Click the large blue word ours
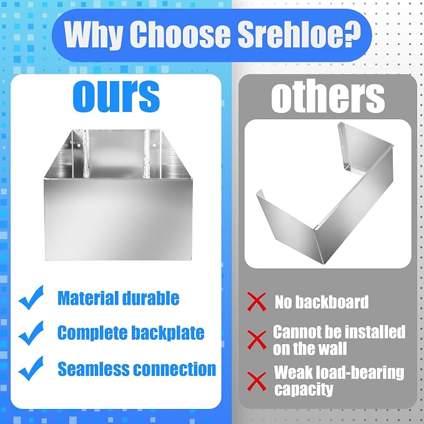click(x=117, y=96)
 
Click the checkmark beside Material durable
click(x=31, y=297)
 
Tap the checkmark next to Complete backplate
click(x=31, y=333)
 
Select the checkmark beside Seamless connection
click(x=31, y=368)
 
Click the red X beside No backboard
click(x=257, y=302)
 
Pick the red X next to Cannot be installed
click(x=257, y=340)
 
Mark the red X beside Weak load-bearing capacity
click(x=257, y=382)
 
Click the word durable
click(x=150, y=298)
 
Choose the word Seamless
click(x=94, y=369)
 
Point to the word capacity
click(x=303, y=390)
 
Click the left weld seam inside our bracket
click(x=87, y=154)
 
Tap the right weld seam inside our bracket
click(x=147, y=154)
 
